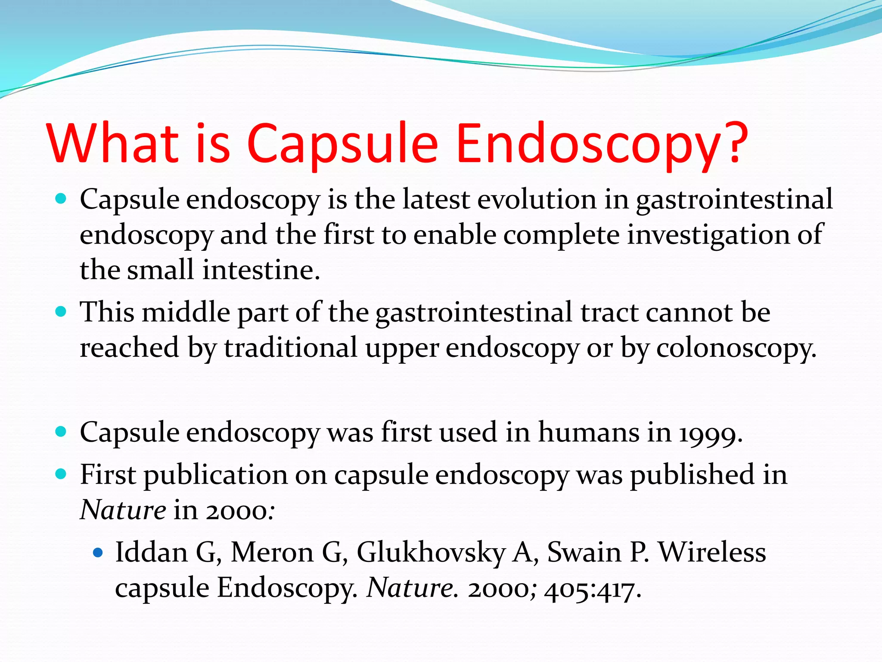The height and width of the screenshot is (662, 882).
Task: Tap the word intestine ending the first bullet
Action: (261, 270)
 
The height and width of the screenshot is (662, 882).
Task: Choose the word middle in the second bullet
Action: (186, 312)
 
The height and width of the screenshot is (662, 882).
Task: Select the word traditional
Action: (291, 348)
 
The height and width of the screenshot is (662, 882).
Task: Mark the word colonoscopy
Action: (736, 348)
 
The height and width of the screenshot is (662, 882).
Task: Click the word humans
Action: (589, 433)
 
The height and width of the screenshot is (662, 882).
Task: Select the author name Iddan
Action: (151, 552)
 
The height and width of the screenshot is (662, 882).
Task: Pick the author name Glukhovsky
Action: (431, 553)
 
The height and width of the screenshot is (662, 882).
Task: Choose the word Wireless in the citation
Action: (712, 552)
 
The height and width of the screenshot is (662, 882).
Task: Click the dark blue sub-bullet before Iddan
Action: (99, 553)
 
